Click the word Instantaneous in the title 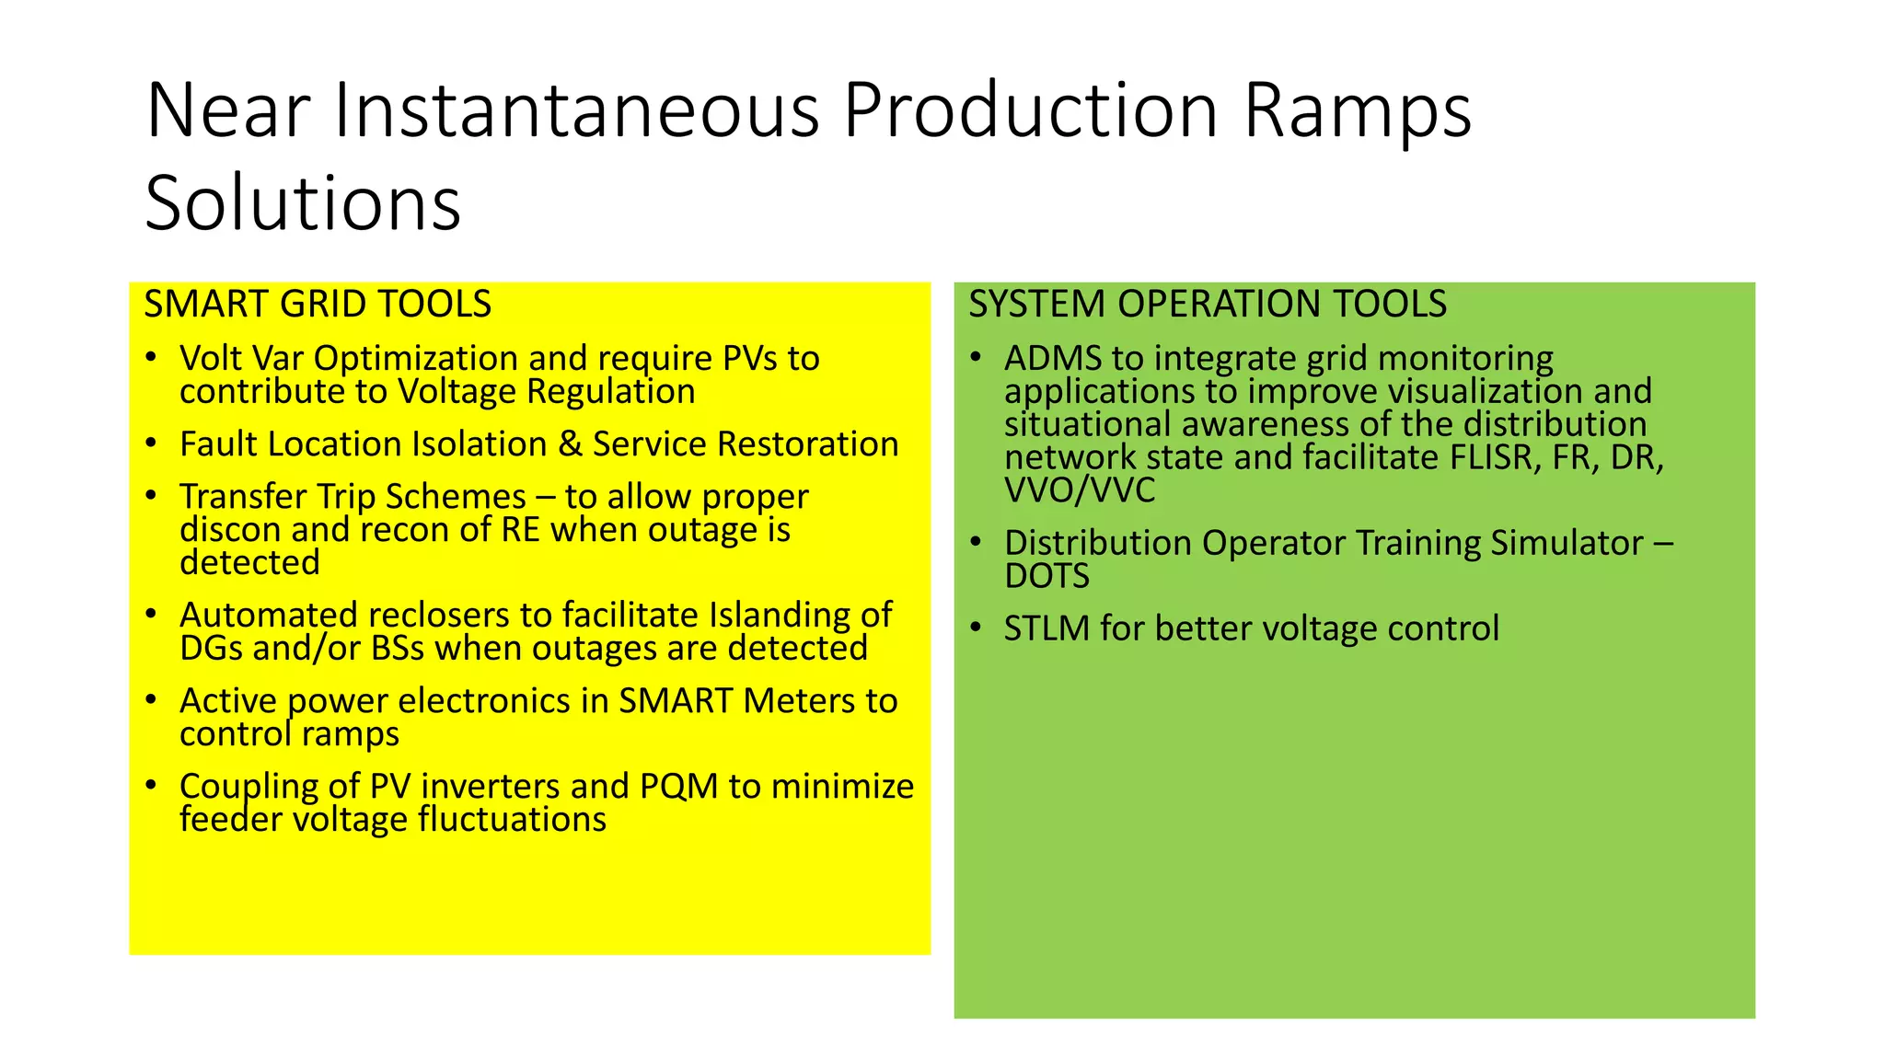576,110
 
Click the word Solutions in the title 303,203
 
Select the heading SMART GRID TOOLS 318,304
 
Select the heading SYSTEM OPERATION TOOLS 1207,304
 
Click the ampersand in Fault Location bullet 571,444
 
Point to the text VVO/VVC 1079,490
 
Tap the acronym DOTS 1047,577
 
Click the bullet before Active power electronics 151,699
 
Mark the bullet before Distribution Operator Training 976,542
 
